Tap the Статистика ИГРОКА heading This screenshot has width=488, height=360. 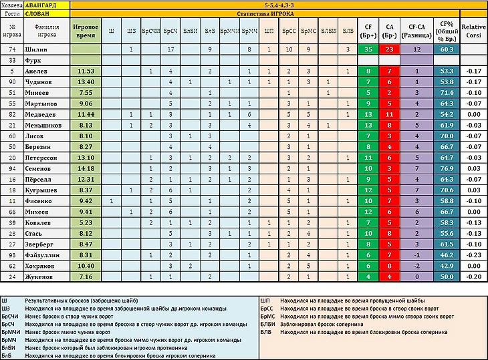pyautogui.click(x=278, y=13)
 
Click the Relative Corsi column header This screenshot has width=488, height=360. pyautogui.click(x=473, y=31)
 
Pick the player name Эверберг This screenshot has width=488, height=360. pyautogui.click(x=44, y=244)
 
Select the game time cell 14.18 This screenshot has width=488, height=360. pyautogui.click(x=85, y=168)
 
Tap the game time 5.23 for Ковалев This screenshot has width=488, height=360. pyautogui.click(x=85, y=222)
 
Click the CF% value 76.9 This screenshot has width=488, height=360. pyautogui.click(x=447, y=168)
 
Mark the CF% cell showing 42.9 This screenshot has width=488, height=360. pyautogui.click(x=447, y=265)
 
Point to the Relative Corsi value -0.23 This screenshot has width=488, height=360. pyautogui.click(x=473, y=254)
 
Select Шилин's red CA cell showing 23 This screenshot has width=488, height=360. pyautogui.click(x=390, y=49)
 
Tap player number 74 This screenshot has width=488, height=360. pyautogui.click(x=11, y=49)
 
